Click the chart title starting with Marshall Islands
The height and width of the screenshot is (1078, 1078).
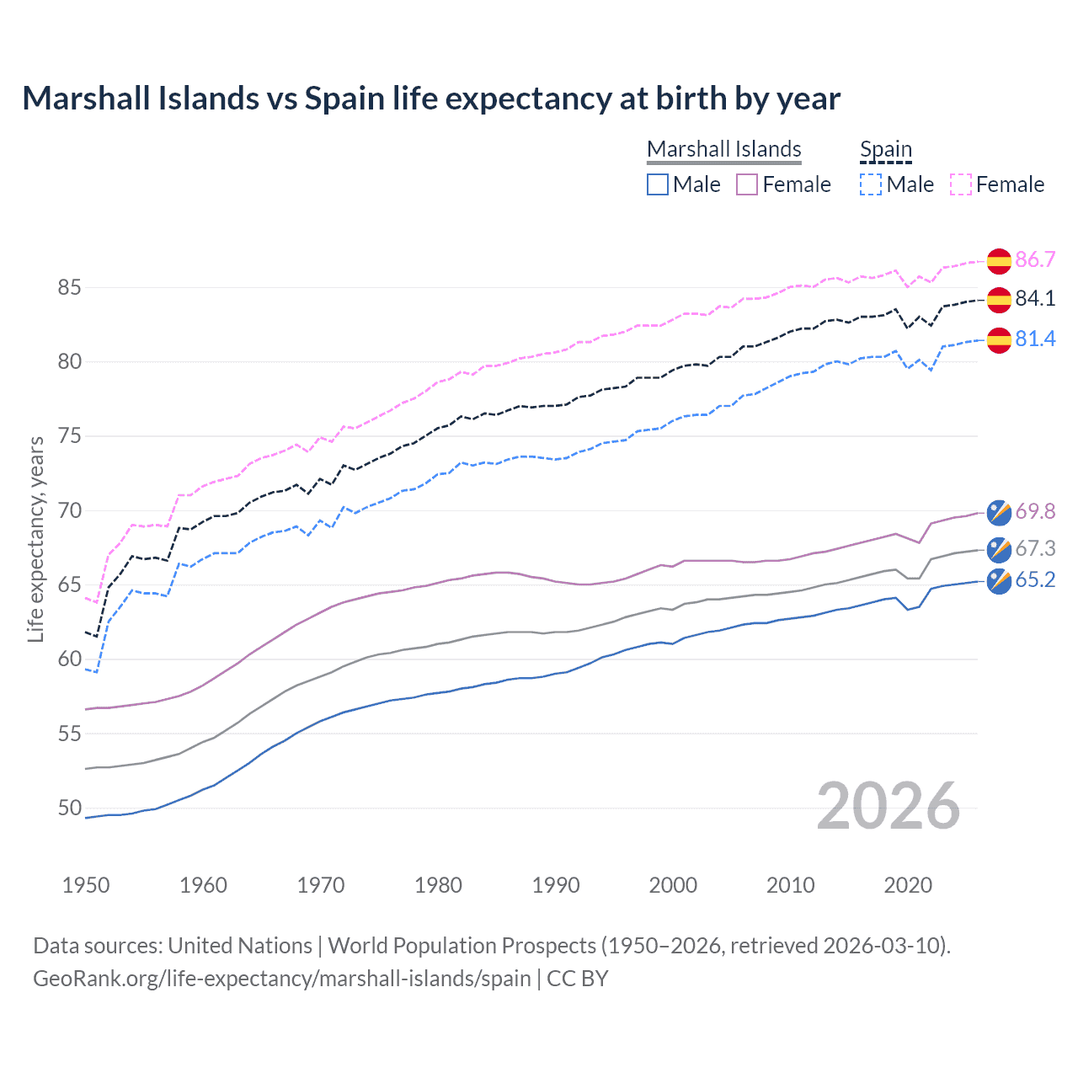pyautogui.click(x=430, y=99)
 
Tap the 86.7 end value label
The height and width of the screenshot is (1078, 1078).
pyautogui.click(x=1035, y=259)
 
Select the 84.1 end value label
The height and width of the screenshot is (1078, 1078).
pyautogui.click(x=1035, y=298)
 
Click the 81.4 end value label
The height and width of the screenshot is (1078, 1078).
pyautogui.click(x=1035, y=339)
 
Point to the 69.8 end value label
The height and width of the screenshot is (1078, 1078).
pyautogui.click(x=1035, y=511)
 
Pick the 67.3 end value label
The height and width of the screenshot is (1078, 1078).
pyautogui.click(x=1035, y=548)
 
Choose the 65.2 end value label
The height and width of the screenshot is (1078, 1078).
pyautogui.click(x=1035, y=580)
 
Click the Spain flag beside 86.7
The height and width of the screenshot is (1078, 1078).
pyautogui.click(x=999, y=261)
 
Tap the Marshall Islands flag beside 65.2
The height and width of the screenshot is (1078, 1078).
pyautogui.click(x=999, y=581)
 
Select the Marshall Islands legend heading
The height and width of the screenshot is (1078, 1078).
pyautogui.click(x=723, y=149)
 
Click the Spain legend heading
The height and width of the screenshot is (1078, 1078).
pyautogui.click(x=885, y=149)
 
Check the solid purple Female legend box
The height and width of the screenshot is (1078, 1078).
pyautogui.click(x=747, y=184)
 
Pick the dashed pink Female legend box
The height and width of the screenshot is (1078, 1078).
pyautogui.click(x=961, y=184)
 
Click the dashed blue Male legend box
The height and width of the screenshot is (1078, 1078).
pyautogui.click(x=871, y=184)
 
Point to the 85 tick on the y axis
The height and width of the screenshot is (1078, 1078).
pyautogui.click(x=69, y=288)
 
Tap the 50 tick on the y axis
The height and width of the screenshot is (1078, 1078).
pyautogui.click(x=69, y=808)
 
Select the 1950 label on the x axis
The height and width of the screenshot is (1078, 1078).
pyautogui.click(x=86, y=885)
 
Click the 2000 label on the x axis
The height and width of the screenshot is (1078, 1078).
pyautogui.click(x=672, y=885)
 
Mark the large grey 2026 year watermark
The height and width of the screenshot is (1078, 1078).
pyautogui.click(x=888, y=807)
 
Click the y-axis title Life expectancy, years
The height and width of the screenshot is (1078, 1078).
pyautogui.click(x=36, y=539)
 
